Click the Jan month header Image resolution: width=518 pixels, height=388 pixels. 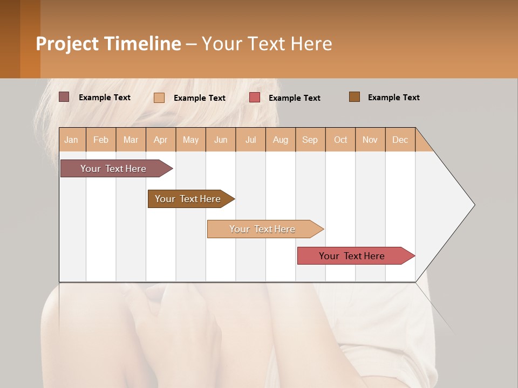tap(72, 140)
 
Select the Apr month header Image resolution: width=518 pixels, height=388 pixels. tap(161, 140)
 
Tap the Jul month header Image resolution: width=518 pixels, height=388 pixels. tap(250, 140)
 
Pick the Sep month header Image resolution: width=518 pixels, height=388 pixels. tap(310, 140)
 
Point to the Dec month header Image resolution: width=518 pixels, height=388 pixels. tap(400, 140)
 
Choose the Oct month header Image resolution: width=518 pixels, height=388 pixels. tap(340, 140)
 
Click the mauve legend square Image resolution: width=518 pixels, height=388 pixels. tap(64, 97)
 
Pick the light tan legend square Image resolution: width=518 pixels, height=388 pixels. tap(159, 98)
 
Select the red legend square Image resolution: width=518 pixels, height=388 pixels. tap(255, 98)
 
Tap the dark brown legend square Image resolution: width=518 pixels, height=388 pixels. tap(355, 97)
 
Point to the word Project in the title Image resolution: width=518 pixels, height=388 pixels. tap(67, 44)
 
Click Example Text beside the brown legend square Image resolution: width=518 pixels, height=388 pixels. tap(393, 98)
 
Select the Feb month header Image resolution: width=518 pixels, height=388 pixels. tap(101, 140)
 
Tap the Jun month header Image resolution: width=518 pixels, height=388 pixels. tap(221, 140)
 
